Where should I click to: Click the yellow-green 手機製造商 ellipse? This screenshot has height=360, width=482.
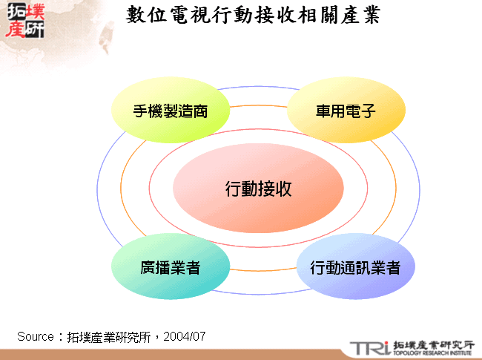pyautogui.click(x=170, y=112)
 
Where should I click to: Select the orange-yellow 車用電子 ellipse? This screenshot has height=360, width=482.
pyautogui.click(x=346, y=112)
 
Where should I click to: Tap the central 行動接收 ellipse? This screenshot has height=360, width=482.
pyautogui.click(x=258, y=189)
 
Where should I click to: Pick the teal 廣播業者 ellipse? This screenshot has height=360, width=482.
pyautogui.click(x=170, y=267)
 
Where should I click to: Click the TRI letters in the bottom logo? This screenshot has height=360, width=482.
pyautogui.click(x=369, y=347)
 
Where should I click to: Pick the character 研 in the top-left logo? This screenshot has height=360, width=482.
pyautogui.click(x=33, y=29)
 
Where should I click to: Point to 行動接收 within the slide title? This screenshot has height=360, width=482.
pyautogui.click(x=253, y=16)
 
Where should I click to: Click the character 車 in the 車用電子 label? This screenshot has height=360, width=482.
pyautogui.click(x=324, y=112)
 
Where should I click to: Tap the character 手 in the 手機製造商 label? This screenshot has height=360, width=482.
pyautogui.click(x=141, y=112)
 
